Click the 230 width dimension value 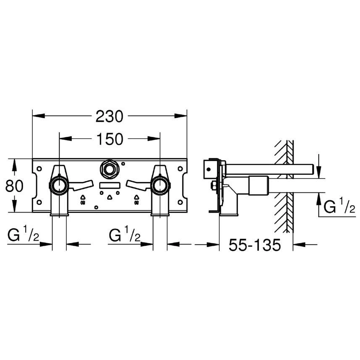(x=109, y=116)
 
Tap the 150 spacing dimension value (x=110, y=139)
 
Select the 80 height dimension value (x=14, y=186)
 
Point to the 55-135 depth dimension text (x=255, y=245)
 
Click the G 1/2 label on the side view (x=339, y=205)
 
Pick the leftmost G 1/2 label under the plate (x=24, y=234)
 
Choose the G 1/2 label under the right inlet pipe (x=125, y=234)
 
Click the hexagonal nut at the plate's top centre (x=110, y=170)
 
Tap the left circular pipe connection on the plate (x=59, y=186)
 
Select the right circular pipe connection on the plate (x=160, y=186)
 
